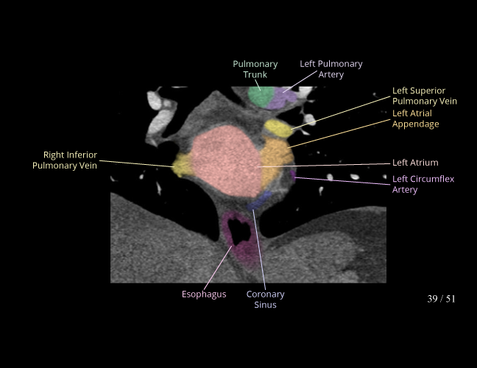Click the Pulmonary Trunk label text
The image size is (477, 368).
click(255, 69)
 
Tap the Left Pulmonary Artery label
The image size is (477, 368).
click(331, 69)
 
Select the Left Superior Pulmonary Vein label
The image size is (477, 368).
click(425, 96)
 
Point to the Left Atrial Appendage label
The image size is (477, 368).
click(415, 118)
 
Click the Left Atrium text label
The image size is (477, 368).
click(415, 163)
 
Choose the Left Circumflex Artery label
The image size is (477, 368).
click(415, 184)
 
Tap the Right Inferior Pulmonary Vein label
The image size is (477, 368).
click(65, 160)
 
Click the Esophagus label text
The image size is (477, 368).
click(204, 294)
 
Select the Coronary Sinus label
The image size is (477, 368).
click(265, 299)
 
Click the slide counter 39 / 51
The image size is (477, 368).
click(441, 299)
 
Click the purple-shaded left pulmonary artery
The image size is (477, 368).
click(280, 99)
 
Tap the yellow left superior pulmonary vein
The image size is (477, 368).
click(278, 129)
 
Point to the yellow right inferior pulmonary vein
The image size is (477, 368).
click(180, 165)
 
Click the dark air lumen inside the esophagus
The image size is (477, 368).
click(239, 230)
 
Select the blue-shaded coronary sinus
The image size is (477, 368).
click(259, 202)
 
